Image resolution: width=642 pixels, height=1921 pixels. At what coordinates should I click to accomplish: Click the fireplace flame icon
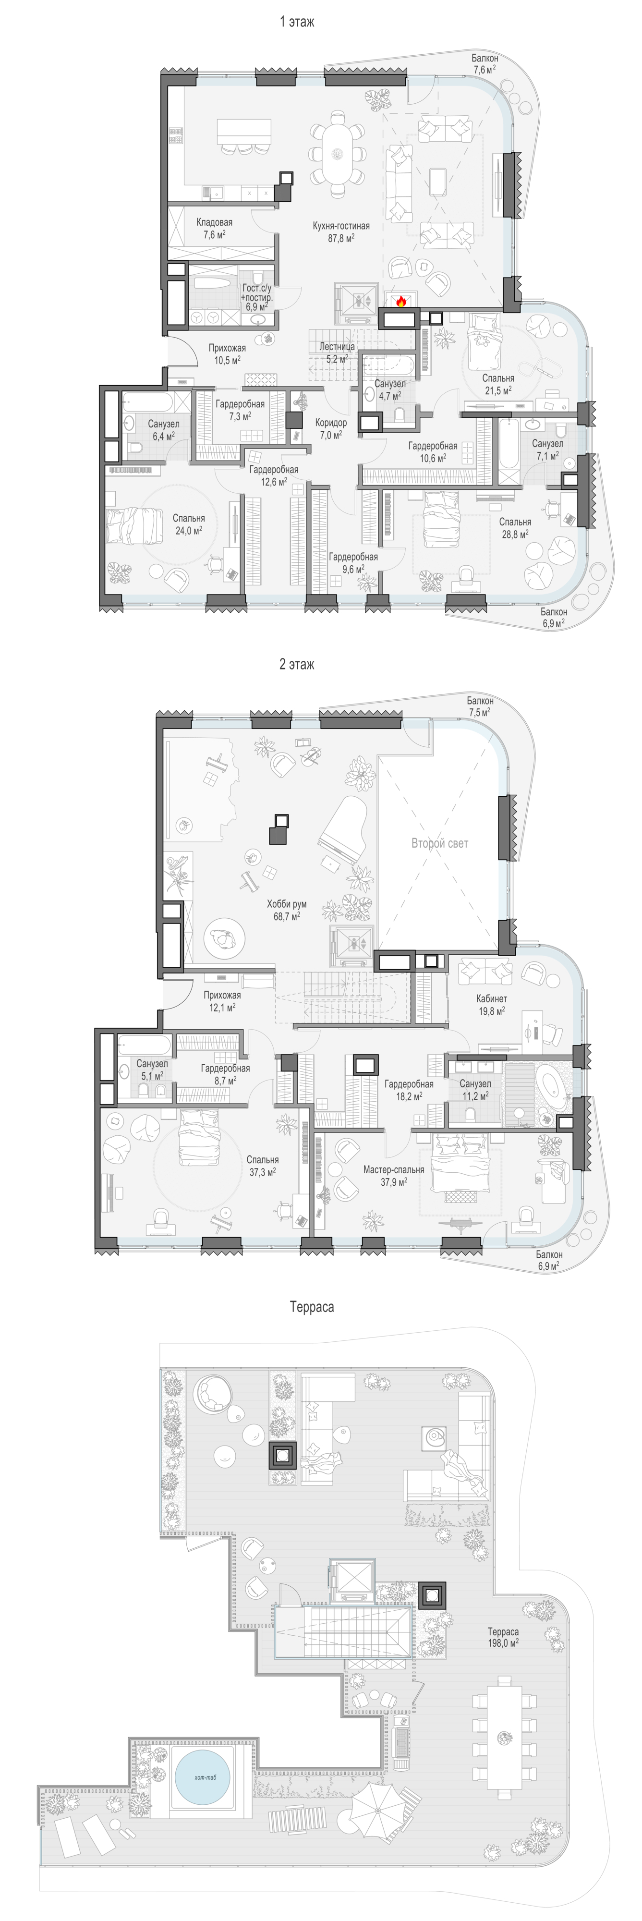pos(400,301)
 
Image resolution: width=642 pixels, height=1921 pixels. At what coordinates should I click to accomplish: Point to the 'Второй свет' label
pos(440,843)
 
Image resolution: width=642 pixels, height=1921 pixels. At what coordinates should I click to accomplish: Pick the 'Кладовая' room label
pos(215,222)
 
